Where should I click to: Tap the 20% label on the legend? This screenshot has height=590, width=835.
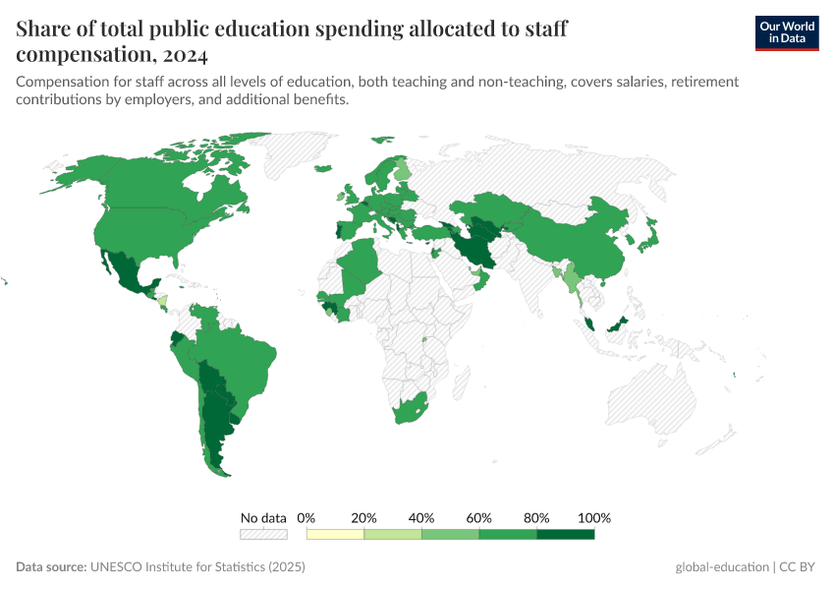[x=363, y=517]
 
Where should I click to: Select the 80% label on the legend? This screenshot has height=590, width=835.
[x=536, y=517]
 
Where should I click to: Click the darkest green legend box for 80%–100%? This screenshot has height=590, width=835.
[x=566, y=534]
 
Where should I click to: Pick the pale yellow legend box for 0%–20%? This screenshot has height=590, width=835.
[x=335, y=534]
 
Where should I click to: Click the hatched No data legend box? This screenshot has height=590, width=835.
[x=263, y=534]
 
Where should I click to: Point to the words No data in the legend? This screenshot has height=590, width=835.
[x=263, y=517]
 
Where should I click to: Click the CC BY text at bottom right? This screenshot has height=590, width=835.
[x=800, y=567]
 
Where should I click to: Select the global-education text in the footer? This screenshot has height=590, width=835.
[x=722, y=567]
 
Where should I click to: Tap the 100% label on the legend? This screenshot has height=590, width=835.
[x=595, y=517]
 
